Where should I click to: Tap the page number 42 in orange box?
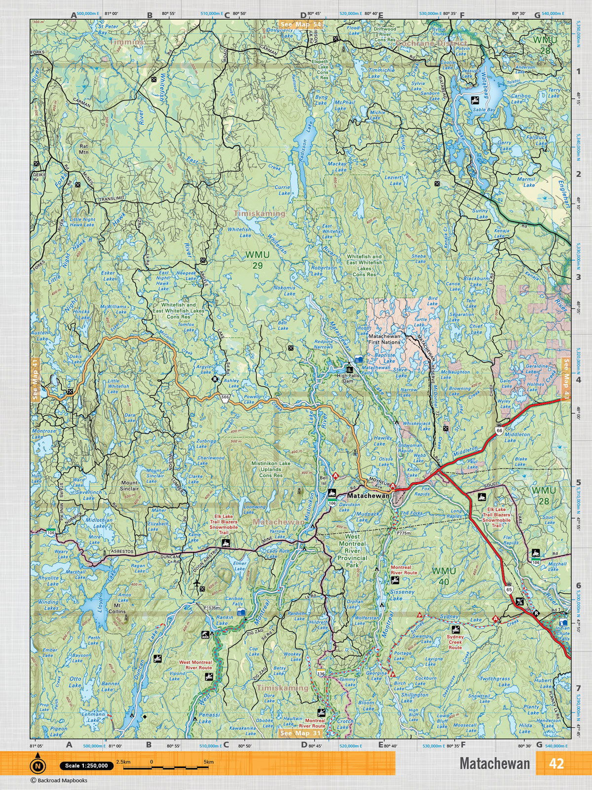(x=556, y=763)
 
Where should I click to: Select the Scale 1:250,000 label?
(x=84, y=766)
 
